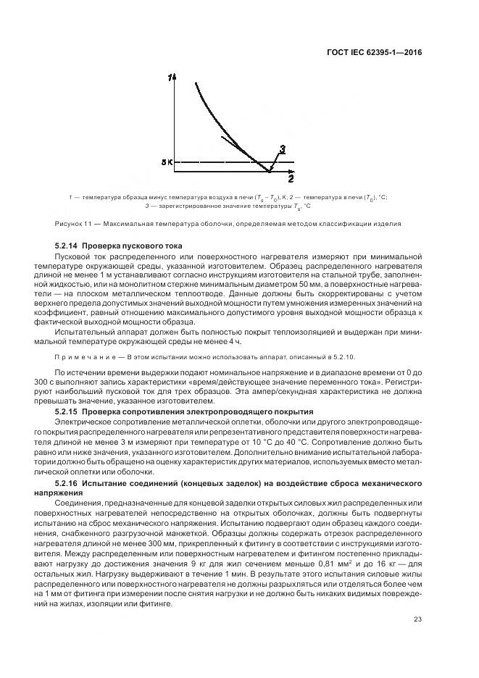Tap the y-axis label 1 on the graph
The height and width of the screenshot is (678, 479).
[x=170, y=78]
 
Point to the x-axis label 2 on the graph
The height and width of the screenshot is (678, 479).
[x=291, y=178]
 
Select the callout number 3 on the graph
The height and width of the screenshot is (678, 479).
[x=283, y=149]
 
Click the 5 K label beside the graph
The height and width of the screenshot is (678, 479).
[x=166, y=162]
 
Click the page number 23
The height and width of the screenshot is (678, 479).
[x=417, y=618]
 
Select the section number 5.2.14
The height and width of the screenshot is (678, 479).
[x=71, y=247]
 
